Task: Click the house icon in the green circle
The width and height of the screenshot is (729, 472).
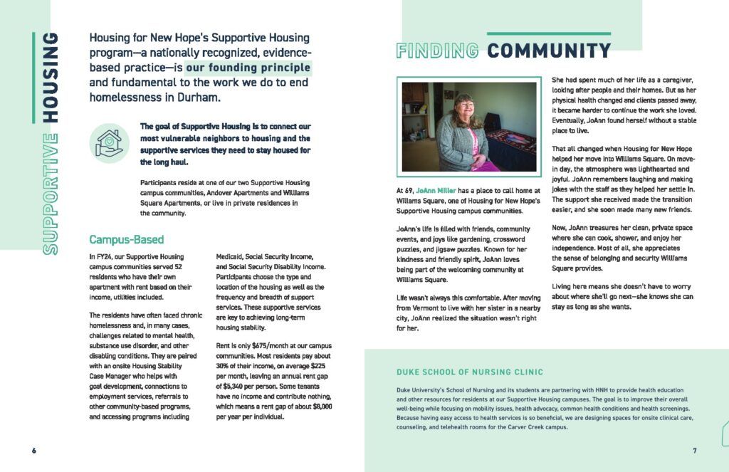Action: (109, 142)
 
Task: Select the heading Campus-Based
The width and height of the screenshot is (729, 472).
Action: (127, 239)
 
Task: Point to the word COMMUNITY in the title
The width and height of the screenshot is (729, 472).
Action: (549, 51)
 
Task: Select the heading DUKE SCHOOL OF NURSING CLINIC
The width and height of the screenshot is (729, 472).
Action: (470, 372)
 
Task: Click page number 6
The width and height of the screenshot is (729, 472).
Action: (33, 451)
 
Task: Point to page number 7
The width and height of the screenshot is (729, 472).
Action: (694, 451)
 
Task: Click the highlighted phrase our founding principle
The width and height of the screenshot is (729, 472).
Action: (248, 68)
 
